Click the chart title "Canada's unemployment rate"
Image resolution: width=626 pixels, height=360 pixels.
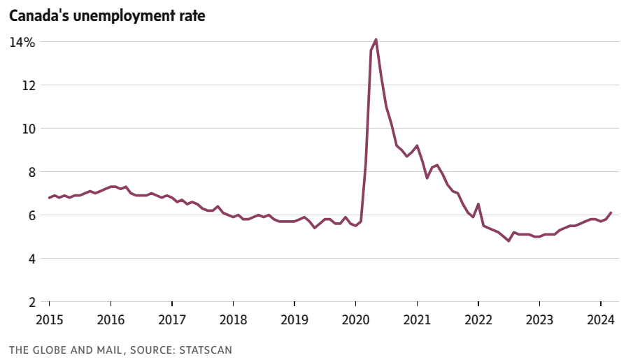click(x=107, y=15)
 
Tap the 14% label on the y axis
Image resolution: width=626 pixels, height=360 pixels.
click(x=22, y=42)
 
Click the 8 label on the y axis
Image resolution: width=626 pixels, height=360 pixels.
click(x=31, y=172)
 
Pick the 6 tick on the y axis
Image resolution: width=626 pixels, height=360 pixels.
click(x=31, y=215)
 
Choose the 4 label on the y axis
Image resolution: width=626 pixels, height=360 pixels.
click(x=31, y=259)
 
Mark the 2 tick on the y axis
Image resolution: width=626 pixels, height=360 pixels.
click(x=31, y=302)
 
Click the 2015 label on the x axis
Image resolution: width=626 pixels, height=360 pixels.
click(x=49, y=320)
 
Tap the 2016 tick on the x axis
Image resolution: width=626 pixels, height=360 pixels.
click(x=111, y=320)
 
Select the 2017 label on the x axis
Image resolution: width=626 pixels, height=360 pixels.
click(x=171, y=320)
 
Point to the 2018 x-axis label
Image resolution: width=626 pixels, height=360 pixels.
click(x=233, y=320)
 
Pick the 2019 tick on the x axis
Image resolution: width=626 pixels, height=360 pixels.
click(x=294, y=320)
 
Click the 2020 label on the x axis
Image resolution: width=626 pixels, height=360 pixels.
click(x=355, y=320)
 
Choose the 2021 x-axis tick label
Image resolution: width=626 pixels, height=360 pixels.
click(x=416, y=320)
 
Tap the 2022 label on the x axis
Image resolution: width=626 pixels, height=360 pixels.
click(x=478, y=320)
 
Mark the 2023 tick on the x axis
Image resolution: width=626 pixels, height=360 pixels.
click(x=539, y=320)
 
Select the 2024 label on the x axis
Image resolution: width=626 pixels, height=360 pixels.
click(x=600, y=320)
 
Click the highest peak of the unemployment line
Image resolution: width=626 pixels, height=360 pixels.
click(x=376, y=40)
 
